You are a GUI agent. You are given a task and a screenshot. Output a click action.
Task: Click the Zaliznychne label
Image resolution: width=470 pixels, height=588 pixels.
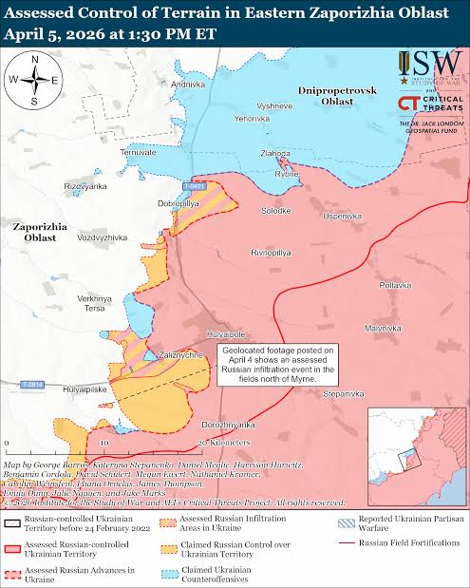click(180, 354)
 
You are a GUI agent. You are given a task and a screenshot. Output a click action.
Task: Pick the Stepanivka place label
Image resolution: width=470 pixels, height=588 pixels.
click(343, 392)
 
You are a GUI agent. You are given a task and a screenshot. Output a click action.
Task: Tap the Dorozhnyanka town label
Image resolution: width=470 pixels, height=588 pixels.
click(228, 424)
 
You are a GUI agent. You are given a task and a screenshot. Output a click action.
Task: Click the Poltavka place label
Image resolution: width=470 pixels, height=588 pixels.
click(395, 285)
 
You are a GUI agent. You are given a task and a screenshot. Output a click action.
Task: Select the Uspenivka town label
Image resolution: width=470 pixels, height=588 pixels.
click(342, 217)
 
